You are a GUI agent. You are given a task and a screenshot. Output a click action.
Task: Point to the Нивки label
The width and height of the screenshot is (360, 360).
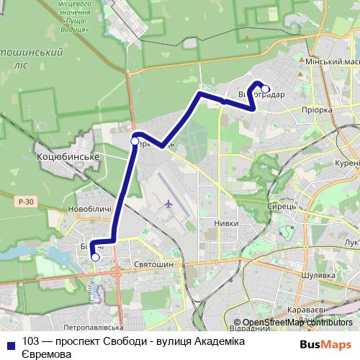click(x=226, y=224)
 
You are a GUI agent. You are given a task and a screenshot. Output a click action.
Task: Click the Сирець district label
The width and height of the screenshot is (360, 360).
click(x=280, y=205)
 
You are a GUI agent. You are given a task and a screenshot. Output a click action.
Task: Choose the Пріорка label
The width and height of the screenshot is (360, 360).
click(x=317, y=110)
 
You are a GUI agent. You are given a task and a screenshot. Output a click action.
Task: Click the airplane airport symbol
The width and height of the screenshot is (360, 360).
click(x=168, y=203)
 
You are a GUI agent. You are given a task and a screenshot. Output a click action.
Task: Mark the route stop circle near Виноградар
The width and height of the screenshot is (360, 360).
click(x=265, y=89)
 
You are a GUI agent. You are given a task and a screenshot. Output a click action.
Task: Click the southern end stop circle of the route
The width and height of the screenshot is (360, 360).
click(x=95, y=256)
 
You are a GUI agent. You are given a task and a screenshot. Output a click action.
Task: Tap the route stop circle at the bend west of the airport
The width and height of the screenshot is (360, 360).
click(x=135, y=141)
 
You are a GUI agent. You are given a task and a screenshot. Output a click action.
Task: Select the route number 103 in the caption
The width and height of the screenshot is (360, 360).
click(x=30, y=341)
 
